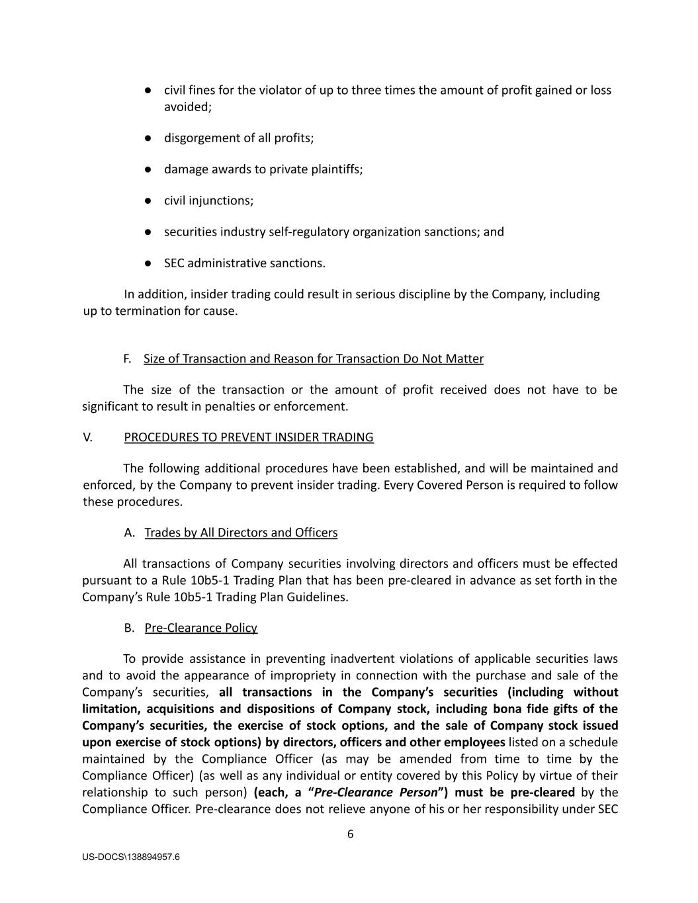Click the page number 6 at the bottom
point(350,834)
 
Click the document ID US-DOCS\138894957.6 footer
point(131,857)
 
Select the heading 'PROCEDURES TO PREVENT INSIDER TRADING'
point(249,437)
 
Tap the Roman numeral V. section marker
point(87,437)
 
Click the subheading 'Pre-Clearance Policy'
point(201,628)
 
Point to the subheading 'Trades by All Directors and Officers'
point(241,533)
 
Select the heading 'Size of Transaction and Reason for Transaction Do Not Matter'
point(314,359)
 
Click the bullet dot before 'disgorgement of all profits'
point(149,138)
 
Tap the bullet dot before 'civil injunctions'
point(149,200)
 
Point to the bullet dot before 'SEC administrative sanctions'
point(149,263)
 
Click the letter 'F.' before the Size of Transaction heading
point(127,359)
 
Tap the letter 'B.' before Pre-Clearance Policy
point(129,628)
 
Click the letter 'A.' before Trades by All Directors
point(129,533)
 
